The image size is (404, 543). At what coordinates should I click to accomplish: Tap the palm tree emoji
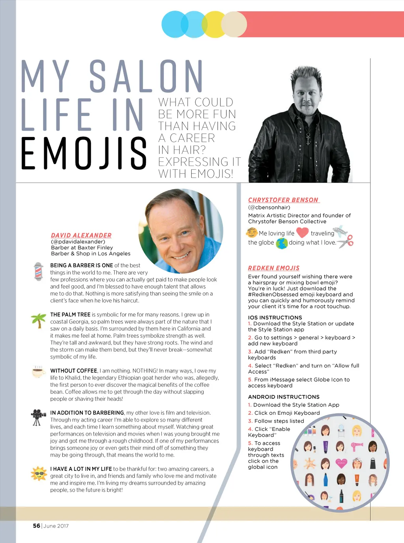[39, 320]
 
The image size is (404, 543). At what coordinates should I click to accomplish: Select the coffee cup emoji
[38, 371]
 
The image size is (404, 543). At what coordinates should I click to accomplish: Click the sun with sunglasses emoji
[39, 473]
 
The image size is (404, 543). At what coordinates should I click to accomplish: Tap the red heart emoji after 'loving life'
[302, 233]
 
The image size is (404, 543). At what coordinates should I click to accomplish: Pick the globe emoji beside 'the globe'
[282, 243]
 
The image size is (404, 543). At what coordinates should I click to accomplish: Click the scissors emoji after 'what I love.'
[346, 241]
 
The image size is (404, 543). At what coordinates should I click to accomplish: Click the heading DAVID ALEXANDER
[81, 235]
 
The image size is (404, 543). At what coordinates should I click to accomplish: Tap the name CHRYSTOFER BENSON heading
[283, 200]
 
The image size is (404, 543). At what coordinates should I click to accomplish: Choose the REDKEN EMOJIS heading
[273, 268]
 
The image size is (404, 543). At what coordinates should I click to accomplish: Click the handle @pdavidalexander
[78, 242]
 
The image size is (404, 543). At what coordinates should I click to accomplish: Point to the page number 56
[36, 526]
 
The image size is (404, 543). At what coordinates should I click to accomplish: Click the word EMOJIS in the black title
[84, 153]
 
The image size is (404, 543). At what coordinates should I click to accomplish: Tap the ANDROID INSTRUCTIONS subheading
[284, 397]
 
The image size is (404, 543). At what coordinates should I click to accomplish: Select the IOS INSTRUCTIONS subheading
[275, 317]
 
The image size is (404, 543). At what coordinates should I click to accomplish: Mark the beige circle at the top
[234, 24]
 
